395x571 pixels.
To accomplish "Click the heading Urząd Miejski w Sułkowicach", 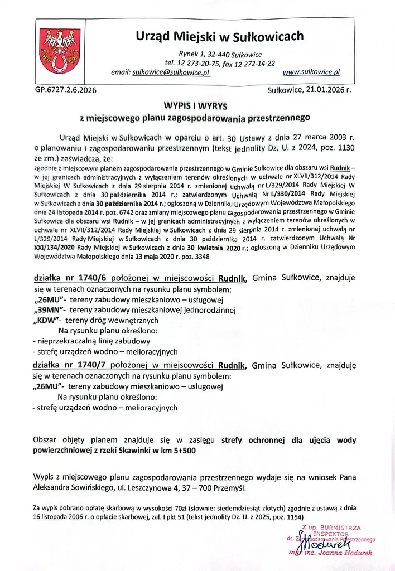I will point(220,37).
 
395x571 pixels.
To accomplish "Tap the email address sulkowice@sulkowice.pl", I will point(170,72).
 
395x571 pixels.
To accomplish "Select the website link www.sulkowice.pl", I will point(311,72).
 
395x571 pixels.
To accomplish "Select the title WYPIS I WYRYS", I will point(191,105).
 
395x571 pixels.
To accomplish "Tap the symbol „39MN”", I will point(49,310).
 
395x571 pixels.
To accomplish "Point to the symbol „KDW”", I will point(46,321).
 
